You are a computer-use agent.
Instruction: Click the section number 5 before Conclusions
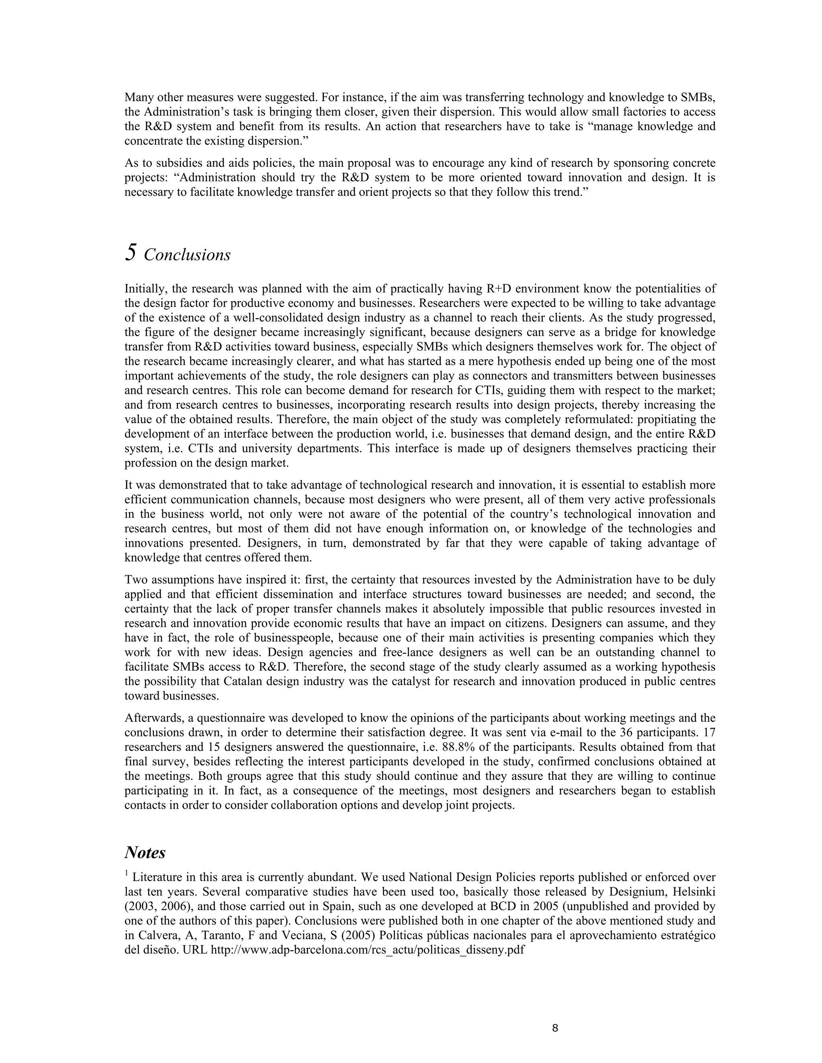pos(130,253)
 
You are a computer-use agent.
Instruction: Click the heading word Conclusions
pos(187,255)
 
